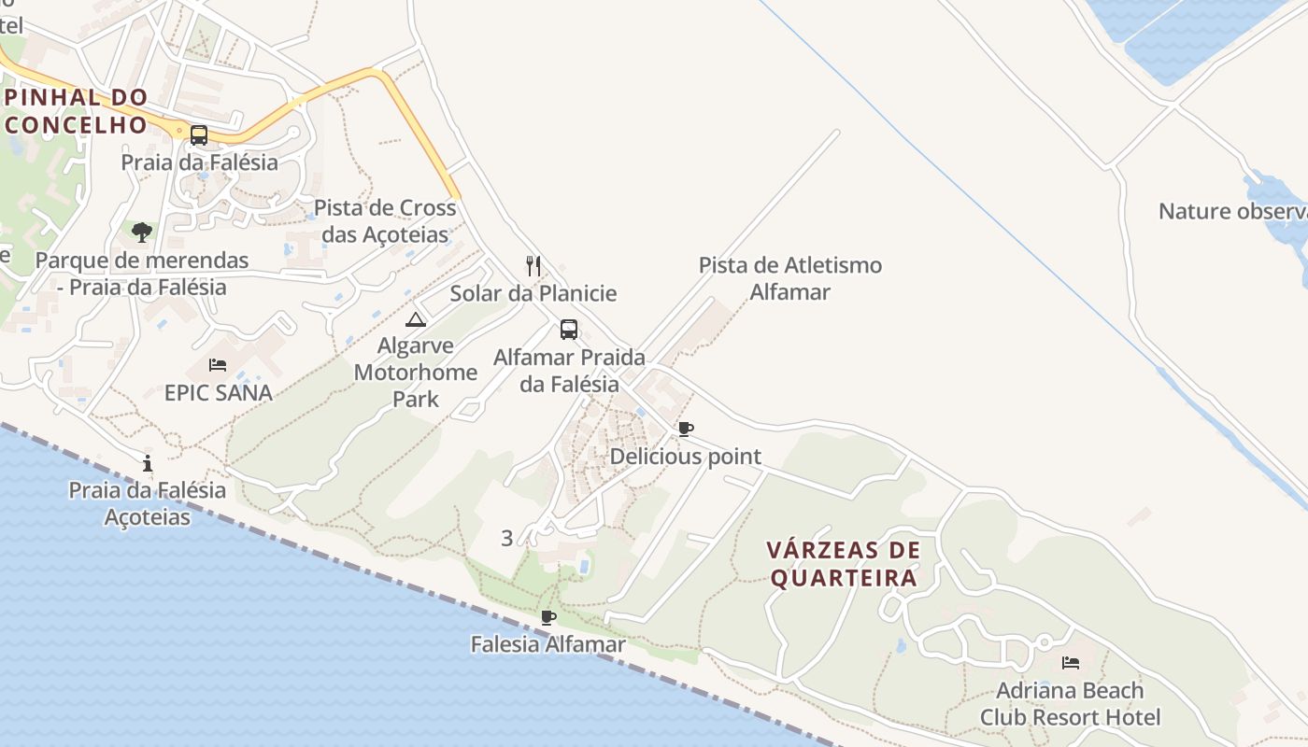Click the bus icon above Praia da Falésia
pos(199,135)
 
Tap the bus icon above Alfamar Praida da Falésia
pos(569,330)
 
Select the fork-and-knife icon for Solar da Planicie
pos(533,266)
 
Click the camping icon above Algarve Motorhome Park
pos(416,319)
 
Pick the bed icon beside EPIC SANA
pos(218,365)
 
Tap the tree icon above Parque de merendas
pos(142,232)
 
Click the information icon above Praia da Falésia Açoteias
pos(148,463)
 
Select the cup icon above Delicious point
pos(686,430)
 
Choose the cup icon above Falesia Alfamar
pos(548,617)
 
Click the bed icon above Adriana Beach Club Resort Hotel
pos(1071,663)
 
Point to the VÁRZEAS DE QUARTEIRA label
pos(844,564)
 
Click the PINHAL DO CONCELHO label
pos(76,111)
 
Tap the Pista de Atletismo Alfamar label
pos(790,278)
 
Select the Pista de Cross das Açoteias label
pos(385,220)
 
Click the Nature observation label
pos(1231,211)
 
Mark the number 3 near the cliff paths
pos(507,538)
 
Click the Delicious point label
pos(686,457)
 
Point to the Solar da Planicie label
pos(533,293)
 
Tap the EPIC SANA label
pos(219,392)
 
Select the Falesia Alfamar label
pos(548,644)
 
